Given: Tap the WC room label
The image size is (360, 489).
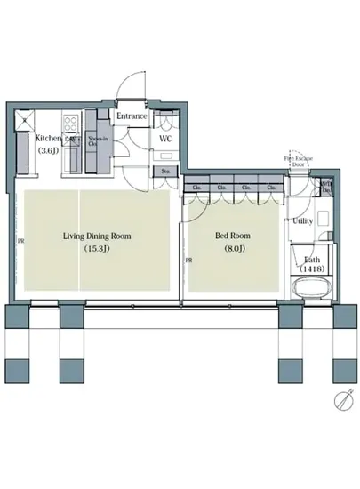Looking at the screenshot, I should [x=165, y=140].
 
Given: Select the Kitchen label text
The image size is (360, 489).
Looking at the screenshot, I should [x=49, y=139].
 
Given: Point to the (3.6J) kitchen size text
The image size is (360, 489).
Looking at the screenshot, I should [x=46, y=151].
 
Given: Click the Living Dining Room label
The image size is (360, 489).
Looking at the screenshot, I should [x=97, y=236].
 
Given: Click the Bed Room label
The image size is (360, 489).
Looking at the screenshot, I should [x=233, y=236].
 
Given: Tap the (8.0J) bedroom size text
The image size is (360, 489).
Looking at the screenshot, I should [x=233, y=250].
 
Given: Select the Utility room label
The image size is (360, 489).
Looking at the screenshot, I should [x=302, y=220].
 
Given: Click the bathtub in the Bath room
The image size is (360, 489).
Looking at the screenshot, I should [x=310, y=290].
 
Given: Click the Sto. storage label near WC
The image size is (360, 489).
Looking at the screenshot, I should [x=165, y=172].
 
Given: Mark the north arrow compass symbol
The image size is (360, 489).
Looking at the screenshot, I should [x=342, y=403].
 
